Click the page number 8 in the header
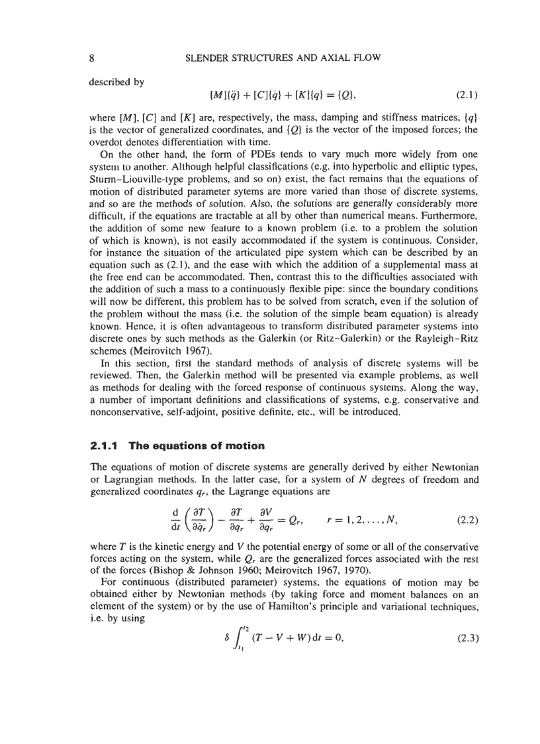coord(92,58)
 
